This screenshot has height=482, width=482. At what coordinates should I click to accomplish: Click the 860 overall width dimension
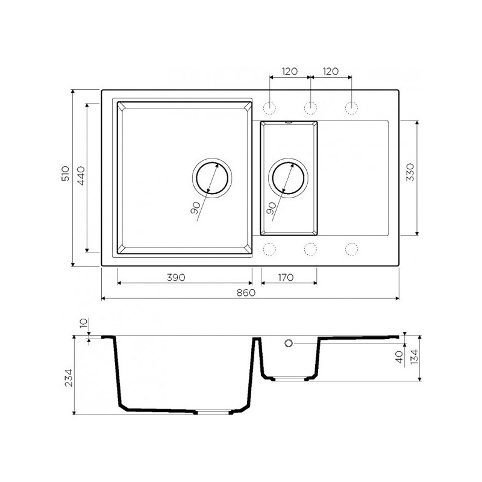(x=246, y=292)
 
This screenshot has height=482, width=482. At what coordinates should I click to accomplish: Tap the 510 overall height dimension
(x=66, y=174)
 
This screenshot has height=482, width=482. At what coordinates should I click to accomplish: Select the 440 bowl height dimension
(x=81, y=175)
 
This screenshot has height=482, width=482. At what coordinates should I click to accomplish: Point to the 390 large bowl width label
(x=176, y=277)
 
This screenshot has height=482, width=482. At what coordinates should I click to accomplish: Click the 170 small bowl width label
(x=286, y=277)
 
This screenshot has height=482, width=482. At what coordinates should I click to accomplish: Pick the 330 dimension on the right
(x=410, y=172)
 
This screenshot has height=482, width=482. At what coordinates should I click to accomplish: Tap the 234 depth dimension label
(x=68, y=378)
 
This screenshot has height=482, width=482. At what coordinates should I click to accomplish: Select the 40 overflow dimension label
(x=399, y=357)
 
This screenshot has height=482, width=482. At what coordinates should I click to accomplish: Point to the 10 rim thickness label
(x=83, y=323)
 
